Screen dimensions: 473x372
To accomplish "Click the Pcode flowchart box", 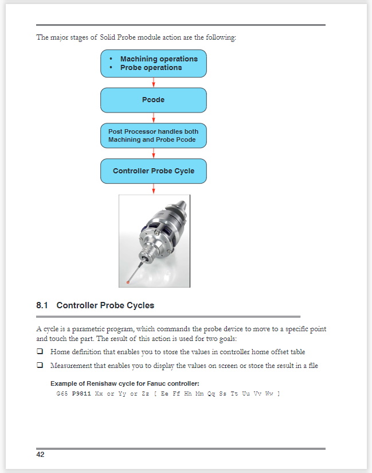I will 153,100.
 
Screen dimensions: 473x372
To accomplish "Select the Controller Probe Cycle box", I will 153,171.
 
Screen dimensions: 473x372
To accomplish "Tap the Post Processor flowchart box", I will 153,135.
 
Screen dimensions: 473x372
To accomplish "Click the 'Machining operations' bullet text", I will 159,59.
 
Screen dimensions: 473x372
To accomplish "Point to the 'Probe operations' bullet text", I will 151,68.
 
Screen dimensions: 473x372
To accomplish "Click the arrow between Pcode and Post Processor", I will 154,118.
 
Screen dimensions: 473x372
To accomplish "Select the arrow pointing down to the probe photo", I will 154,189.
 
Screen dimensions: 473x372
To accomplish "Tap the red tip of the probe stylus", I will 130,281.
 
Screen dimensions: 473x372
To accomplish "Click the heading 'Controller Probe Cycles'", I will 105,305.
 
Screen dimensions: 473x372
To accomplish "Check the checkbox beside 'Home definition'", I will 40,352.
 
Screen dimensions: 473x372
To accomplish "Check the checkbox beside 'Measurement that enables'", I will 40,366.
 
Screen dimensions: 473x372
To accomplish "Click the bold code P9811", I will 81,394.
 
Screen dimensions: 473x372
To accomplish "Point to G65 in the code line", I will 62,394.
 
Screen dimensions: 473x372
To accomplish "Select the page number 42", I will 40,455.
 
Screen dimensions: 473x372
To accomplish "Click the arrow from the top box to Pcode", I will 154,82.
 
